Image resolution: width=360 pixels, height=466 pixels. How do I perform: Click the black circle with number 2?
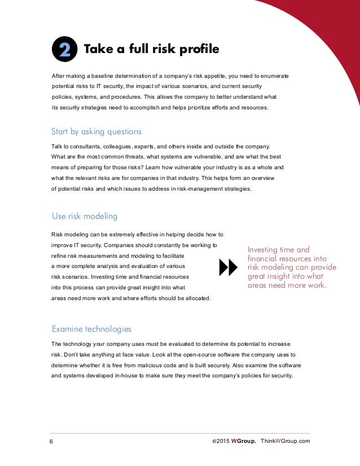pos(64,50)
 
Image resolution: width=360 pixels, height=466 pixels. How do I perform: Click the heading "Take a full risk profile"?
pos(151,50)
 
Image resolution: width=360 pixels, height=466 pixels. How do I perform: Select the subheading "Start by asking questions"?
pos(96,131)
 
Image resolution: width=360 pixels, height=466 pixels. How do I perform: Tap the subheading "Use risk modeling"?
pos(84,216)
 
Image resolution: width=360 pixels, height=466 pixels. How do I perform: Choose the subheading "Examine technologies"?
pos(91,328)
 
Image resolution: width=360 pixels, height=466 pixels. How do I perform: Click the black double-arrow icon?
pos(228,268)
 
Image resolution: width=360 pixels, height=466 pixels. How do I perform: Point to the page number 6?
pos(51,441)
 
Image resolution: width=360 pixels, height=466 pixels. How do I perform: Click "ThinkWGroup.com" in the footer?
pos(286,441)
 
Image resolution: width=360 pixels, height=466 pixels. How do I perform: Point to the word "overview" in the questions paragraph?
pos(262,178)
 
